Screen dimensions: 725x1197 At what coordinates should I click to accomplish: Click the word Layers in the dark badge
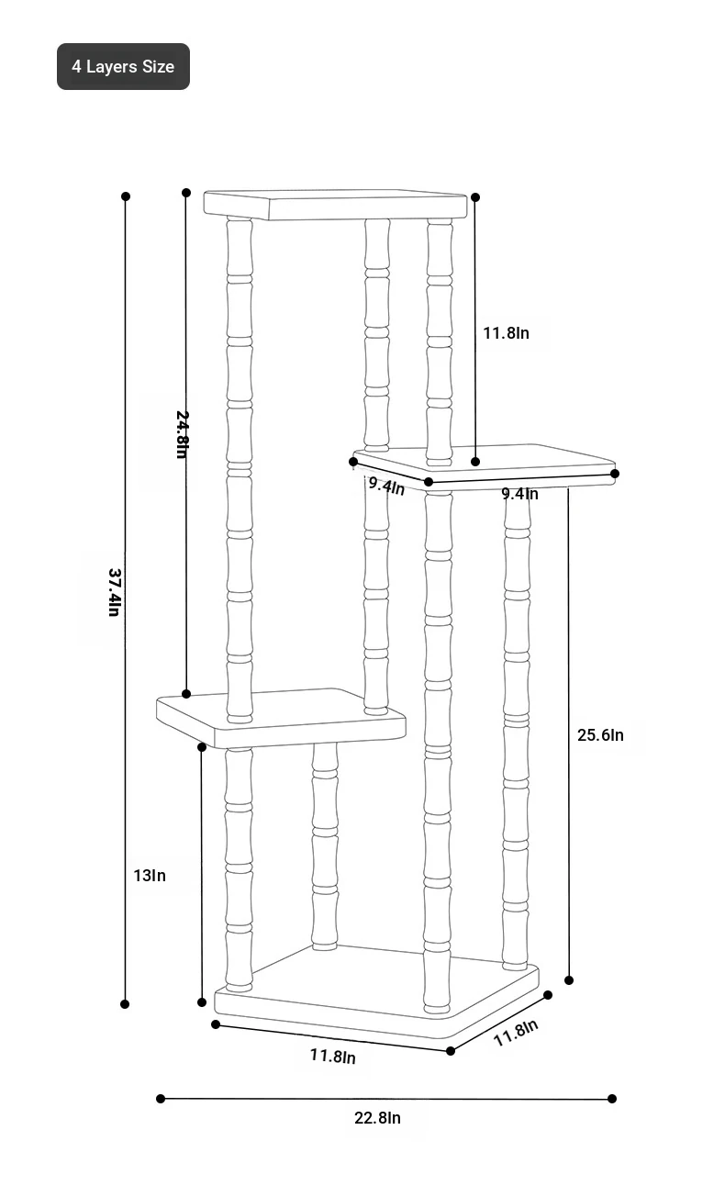[112, 67]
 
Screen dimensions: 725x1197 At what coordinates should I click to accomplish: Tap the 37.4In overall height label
[115, 592]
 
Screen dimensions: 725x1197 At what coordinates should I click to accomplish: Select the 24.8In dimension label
[183, 434]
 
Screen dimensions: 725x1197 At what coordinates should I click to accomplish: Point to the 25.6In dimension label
[600, 734]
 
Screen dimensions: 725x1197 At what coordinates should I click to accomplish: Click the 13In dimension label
[149, 876]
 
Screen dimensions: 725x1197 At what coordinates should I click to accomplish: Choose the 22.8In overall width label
[377, 1117]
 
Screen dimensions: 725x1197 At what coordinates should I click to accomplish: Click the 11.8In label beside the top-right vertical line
[506, 333]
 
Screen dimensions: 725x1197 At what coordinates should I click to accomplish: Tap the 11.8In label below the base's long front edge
[333, 1056]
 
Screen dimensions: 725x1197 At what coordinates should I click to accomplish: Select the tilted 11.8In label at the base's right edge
[516, 1033]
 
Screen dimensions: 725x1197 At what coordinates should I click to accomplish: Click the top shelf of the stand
[335, 204]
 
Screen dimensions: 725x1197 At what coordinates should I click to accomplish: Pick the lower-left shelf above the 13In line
[281, 718]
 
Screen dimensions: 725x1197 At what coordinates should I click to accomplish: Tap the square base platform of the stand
[376, 991]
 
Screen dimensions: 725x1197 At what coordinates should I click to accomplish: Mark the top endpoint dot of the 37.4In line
[126, 196]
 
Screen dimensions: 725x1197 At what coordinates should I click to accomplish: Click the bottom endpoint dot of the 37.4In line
[125, 1004]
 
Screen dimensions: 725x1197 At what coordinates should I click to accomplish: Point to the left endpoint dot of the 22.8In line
[161, 1099]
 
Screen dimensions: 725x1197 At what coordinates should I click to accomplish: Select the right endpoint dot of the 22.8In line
[612, 1099]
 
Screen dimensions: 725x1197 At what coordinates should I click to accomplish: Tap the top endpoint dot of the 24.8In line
[186, 193]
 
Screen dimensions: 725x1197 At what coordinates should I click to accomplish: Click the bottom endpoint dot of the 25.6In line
[569, 980]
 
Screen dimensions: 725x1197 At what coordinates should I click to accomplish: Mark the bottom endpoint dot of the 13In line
[201, 1002]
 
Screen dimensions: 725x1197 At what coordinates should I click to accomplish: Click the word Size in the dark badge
[158, 67]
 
